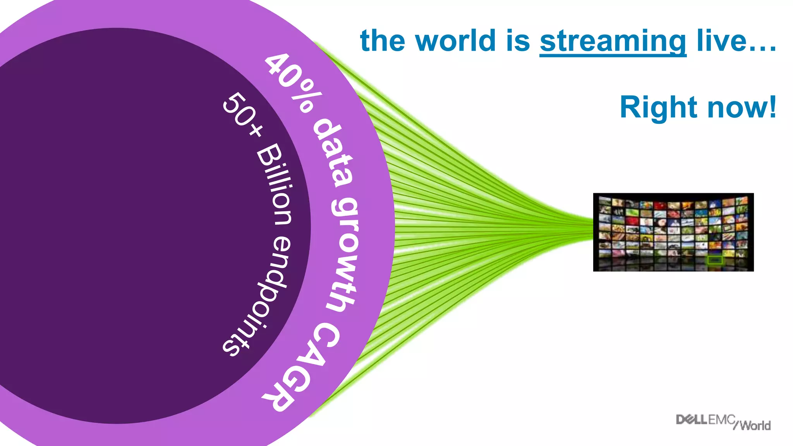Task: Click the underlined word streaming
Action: pos(613,41)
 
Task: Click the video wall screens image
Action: pos(673,232)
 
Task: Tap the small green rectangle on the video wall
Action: pos(714,260)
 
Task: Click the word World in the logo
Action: pos(755,425)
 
